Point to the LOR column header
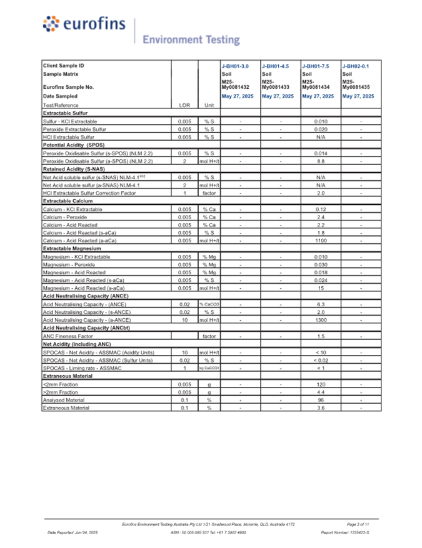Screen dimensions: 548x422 [x=184, y=105]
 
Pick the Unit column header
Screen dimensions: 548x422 [x=209, y=105]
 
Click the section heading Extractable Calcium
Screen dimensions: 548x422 [x=69, y=201]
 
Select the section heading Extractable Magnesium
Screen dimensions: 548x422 [x=73, y=249]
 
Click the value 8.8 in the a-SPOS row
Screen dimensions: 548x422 [x=321, y=161]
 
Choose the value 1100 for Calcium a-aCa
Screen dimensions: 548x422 [x=321, y=240]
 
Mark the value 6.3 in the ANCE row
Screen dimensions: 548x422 [x=321, y=304]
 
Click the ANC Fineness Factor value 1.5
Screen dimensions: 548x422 [x=321, y=336]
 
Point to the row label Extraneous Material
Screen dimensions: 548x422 [x=66, y=408]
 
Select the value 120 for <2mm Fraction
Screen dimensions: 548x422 [x=321, y=385]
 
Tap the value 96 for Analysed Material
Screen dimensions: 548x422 [x=321, y=400]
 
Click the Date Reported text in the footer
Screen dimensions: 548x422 [x=73, y=532]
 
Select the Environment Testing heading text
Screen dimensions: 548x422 [x=191, y=40]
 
